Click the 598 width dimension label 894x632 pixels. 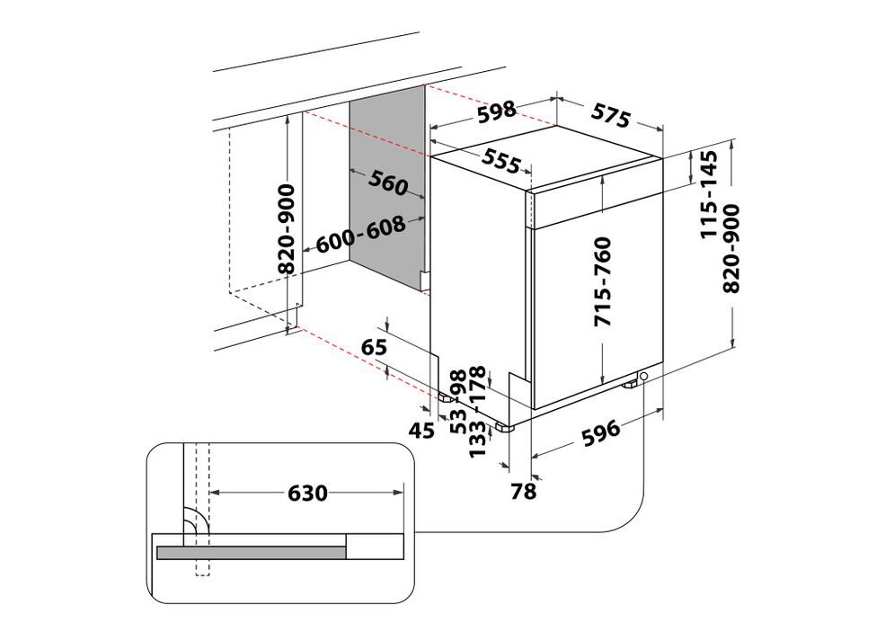[x=496, y=111]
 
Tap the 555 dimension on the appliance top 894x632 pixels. [x=501, y=160]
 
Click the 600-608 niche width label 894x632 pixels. [x=360, y=235]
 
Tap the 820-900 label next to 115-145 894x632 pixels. [x=732, y=248]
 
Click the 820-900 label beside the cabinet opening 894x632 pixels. [x=287, y=229]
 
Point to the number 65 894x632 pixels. [x=374, y=346]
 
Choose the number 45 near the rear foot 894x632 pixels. [x=422, y=431]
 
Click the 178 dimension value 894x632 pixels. [x=477, y=385]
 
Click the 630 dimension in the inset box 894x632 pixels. [x=308, y=493]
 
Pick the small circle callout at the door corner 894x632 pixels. [x=644, y=376]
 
